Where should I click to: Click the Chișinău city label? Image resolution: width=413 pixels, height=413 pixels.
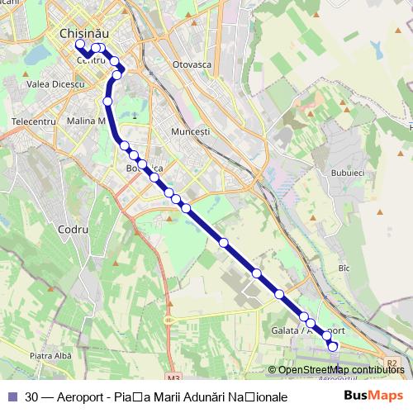click(x=85, y=32)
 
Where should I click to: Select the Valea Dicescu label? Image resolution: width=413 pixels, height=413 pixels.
click(x=55, y=84)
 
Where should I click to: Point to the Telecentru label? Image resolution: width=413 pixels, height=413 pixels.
click(x=34, y=121)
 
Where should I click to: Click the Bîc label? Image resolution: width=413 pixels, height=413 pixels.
click(x=344, y=268)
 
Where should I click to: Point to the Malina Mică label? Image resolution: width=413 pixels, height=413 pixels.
click(x=86, y=121)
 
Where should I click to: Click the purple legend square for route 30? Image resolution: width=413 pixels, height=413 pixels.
click(x=12, y=396)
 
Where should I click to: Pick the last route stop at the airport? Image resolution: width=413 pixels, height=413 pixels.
click(x=333, y=347)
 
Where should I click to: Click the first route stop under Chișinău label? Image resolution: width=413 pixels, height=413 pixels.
click(x=80, y=45)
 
